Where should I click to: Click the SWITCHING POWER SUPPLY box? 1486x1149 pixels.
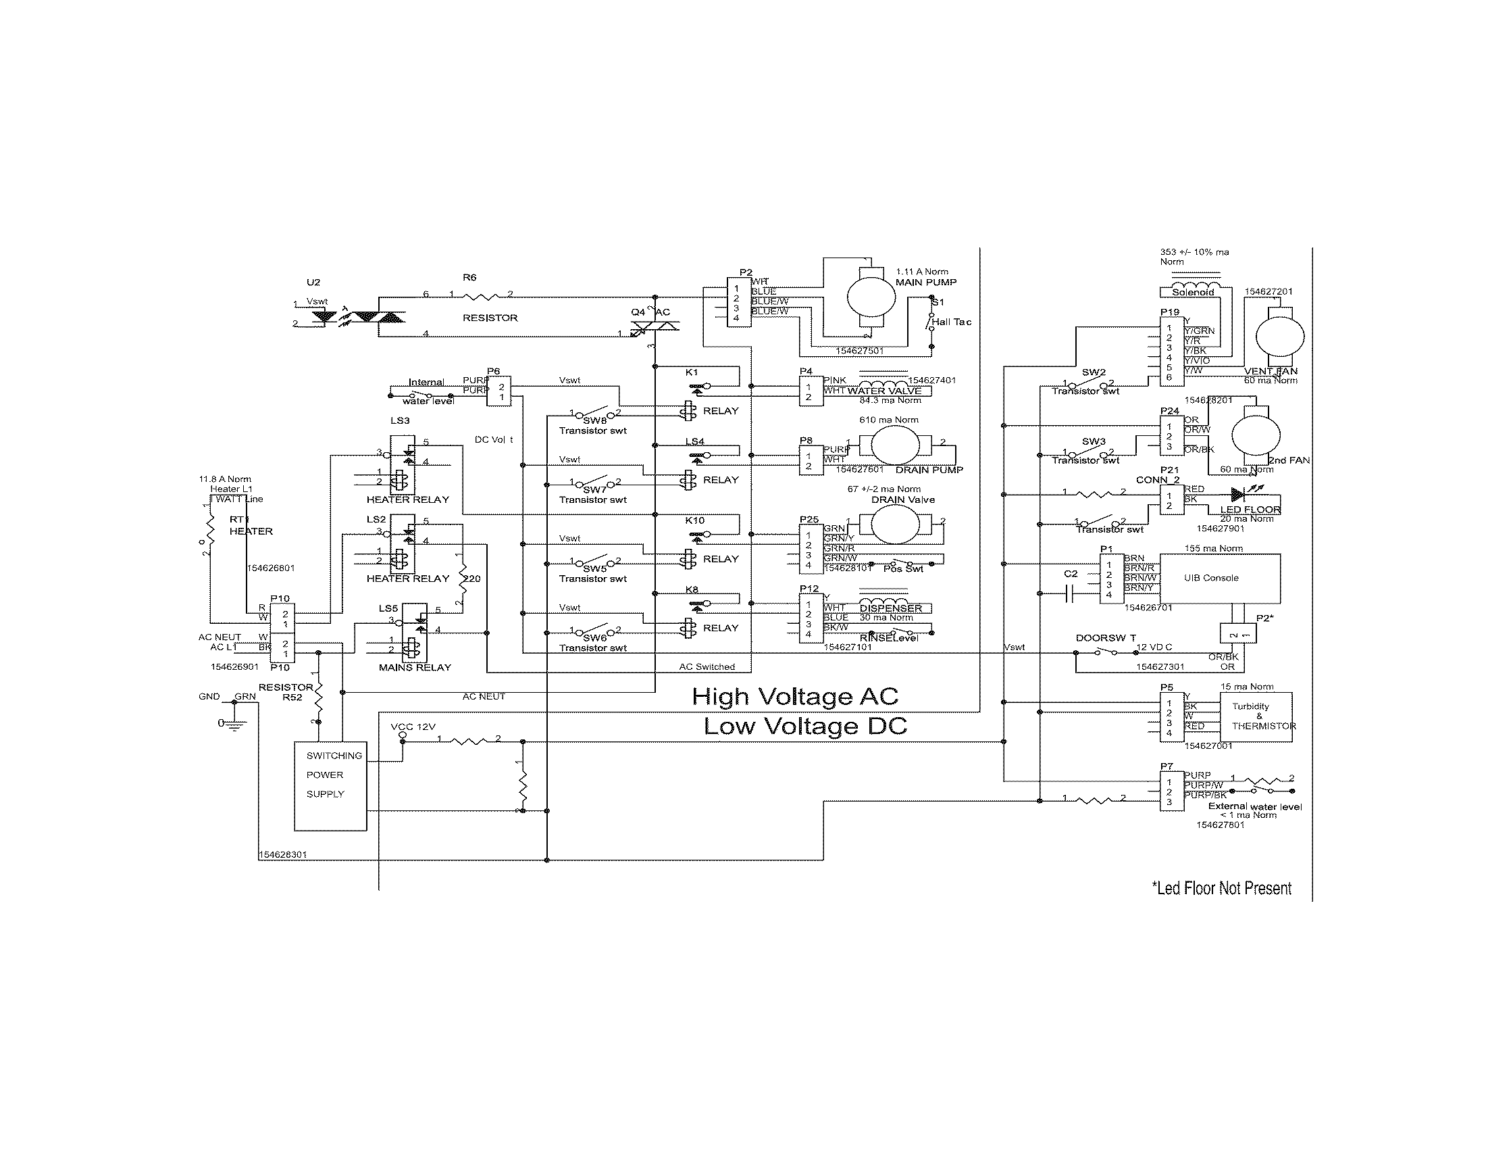pos(330,785)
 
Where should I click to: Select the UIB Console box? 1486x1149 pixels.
pos(1219,579)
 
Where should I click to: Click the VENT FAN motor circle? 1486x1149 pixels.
pos(1279,337)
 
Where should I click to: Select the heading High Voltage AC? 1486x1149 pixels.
pos(795,696)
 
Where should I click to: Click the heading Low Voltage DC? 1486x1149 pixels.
pos(805,727)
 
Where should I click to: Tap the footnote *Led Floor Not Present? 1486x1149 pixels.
pos(1221,888)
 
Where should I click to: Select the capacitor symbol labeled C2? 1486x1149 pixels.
pos(1069,596)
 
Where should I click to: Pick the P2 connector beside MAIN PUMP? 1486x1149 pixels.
pos(738,303)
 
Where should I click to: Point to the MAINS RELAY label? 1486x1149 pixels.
pos(414,668)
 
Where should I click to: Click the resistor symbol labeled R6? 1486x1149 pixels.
pos(482,295)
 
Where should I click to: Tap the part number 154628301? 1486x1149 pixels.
pos(283,854)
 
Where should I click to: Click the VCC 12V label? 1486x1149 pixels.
pos(413,727)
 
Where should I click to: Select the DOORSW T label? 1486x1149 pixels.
pos(1105,638)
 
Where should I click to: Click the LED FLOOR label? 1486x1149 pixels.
pos(1250,510)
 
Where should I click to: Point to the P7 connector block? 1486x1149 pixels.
pos(1172,791)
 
